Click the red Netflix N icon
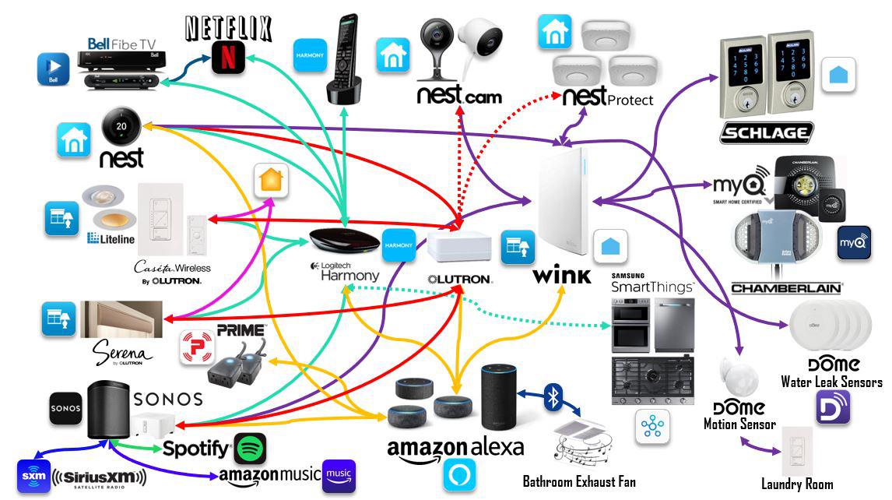point(228,58)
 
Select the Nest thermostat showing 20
point(121,125)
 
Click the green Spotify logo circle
point(250,449)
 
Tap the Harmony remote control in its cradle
point(343,58)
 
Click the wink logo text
point(562,275)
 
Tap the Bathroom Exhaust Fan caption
point(579,482)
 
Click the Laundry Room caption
point(796,484)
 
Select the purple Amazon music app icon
point(339,475)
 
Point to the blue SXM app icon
point(33,476)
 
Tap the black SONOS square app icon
point(65,408)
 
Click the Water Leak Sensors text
point(831,382)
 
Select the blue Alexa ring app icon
point(458,475)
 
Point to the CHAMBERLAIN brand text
point(786,288)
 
